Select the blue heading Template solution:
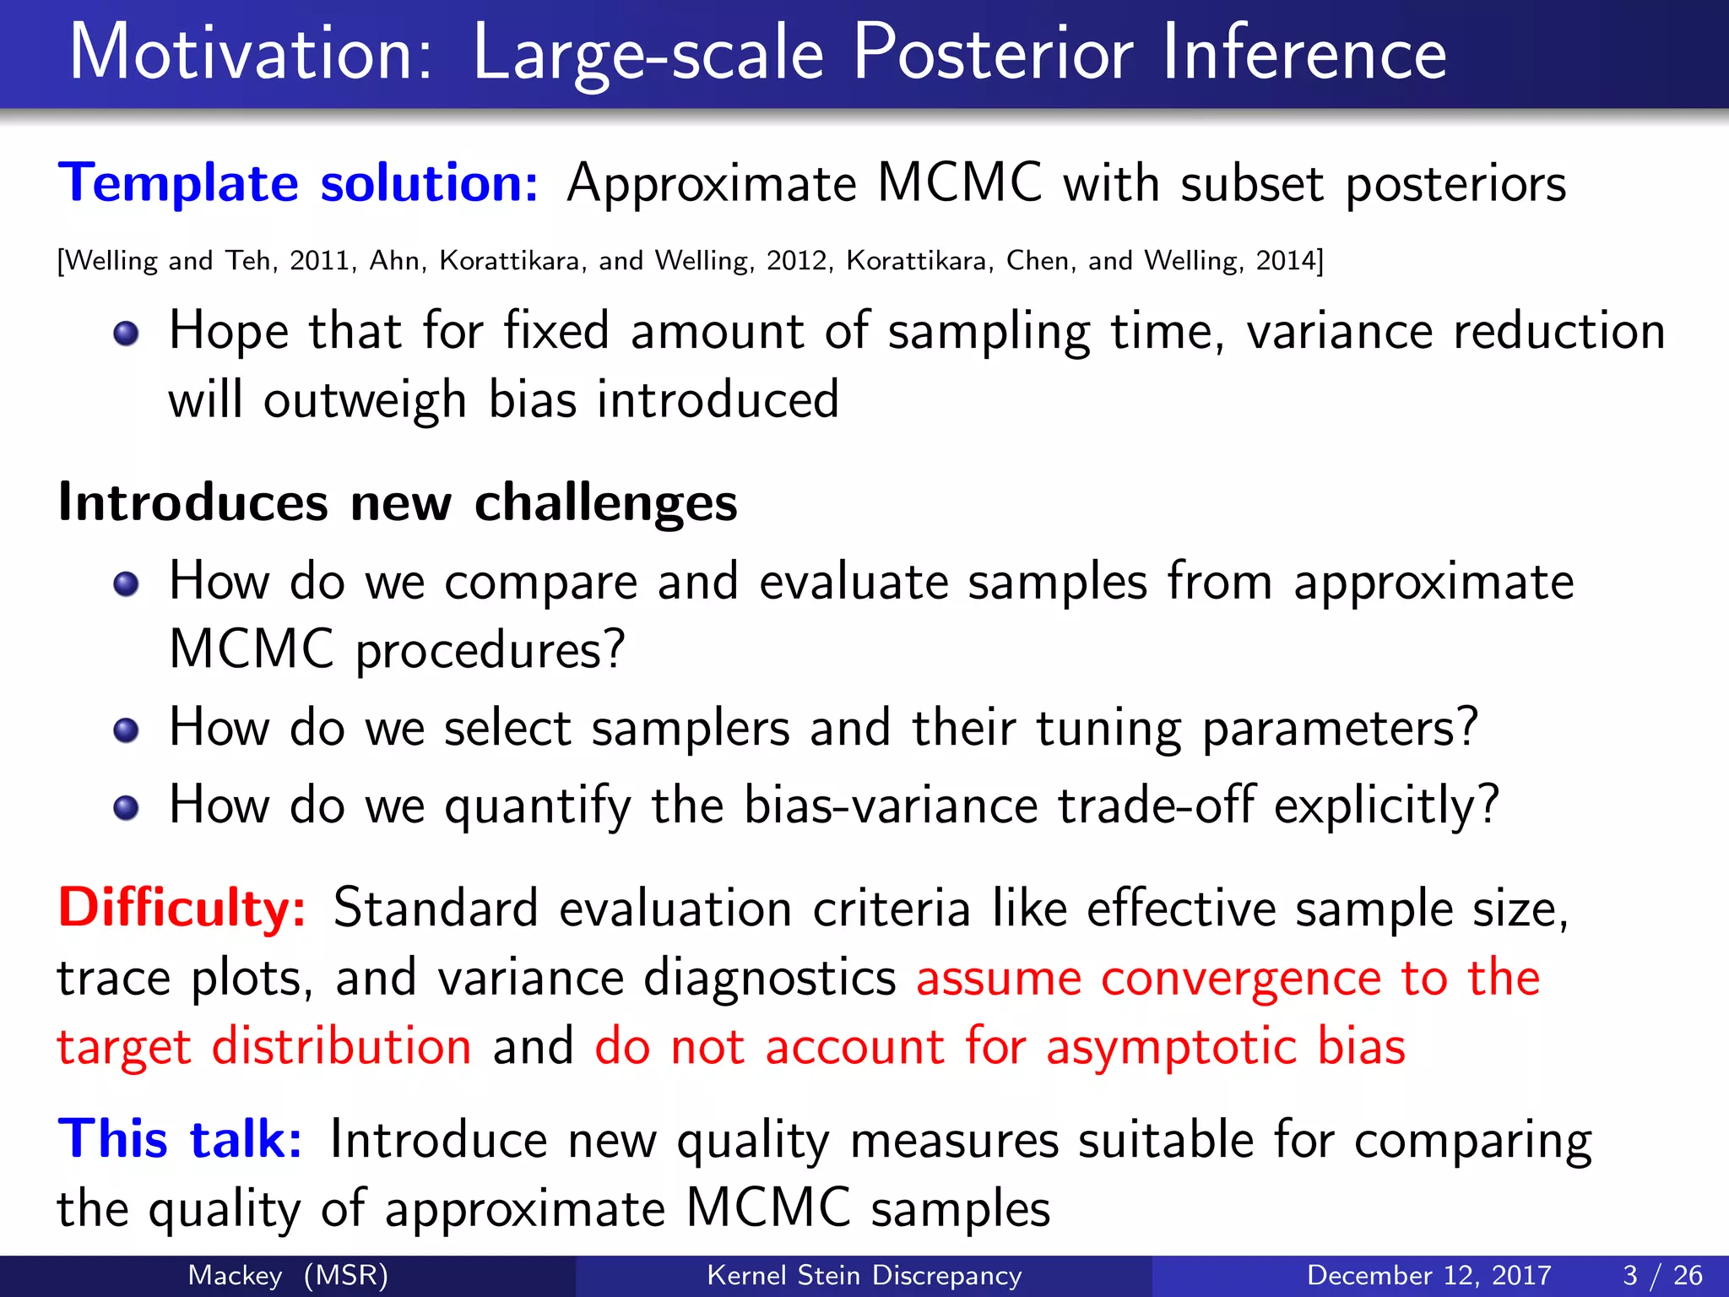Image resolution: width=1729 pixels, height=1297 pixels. coord(298,183)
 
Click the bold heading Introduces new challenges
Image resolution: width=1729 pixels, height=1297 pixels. coord(397,502)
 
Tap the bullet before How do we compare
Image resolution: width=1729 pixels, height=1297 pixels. coord(126,583)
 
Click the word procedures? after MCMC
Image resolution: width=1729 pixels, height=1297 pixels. coord(490,651)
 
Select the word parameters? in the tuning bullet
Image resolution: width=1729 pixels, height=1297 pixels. coord(1340,729)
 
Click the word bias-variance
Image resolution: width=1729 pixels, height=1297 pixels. coord(890,805)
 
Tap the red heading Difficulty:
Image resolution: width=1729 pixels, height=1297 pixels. coord(182,909)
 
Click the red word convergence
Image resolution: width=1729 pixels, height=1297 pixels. coord(1240,979)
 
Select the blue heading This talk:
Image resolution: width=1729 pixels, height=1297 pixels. coord(180,1139)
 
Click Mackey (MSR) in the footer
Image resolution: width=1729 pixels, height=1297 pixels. coord(288,1275)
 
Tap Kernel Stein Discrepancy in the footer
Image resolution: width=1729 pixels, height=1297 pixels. coord(864,1275)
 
